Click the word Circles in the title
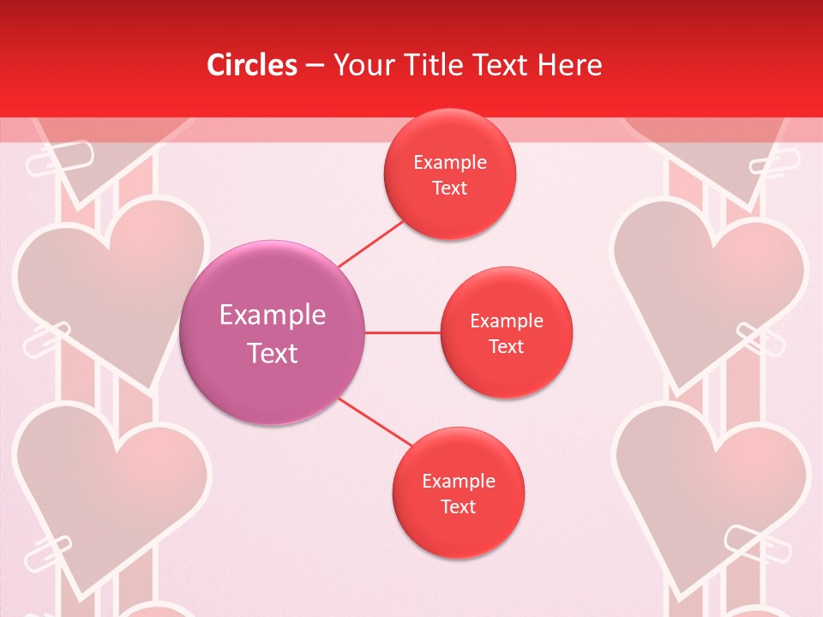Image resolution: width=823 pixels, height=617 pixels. pos(251,65)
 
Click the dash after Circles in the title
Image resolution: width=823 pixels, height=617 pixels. pos(314,66)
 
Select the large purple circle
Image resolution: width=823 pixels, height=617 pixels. pos(273,332)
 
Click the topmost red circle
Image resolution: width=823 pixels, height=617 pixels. pos(449,174)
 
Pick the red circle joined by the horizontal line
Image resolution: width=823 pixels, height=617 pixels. pos(506,332)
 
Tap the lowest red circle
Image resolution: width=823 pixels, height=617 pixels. pos(458,493)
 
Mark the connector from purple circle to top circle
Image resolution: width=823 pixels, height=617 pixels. pos(372,243)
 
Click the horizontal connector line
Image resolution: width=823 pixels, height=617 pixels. pos(402,332)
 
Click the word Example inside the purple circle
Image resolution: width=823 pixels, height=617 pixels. pos(273,315)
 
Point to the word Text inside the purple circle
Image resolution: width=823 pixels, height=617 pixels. pos(273,353)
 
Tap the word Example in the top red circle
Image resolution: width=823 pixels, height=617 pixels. pos(449,162)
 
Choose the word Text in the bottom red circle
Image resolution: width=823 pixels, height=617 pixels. pos(458,506)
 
